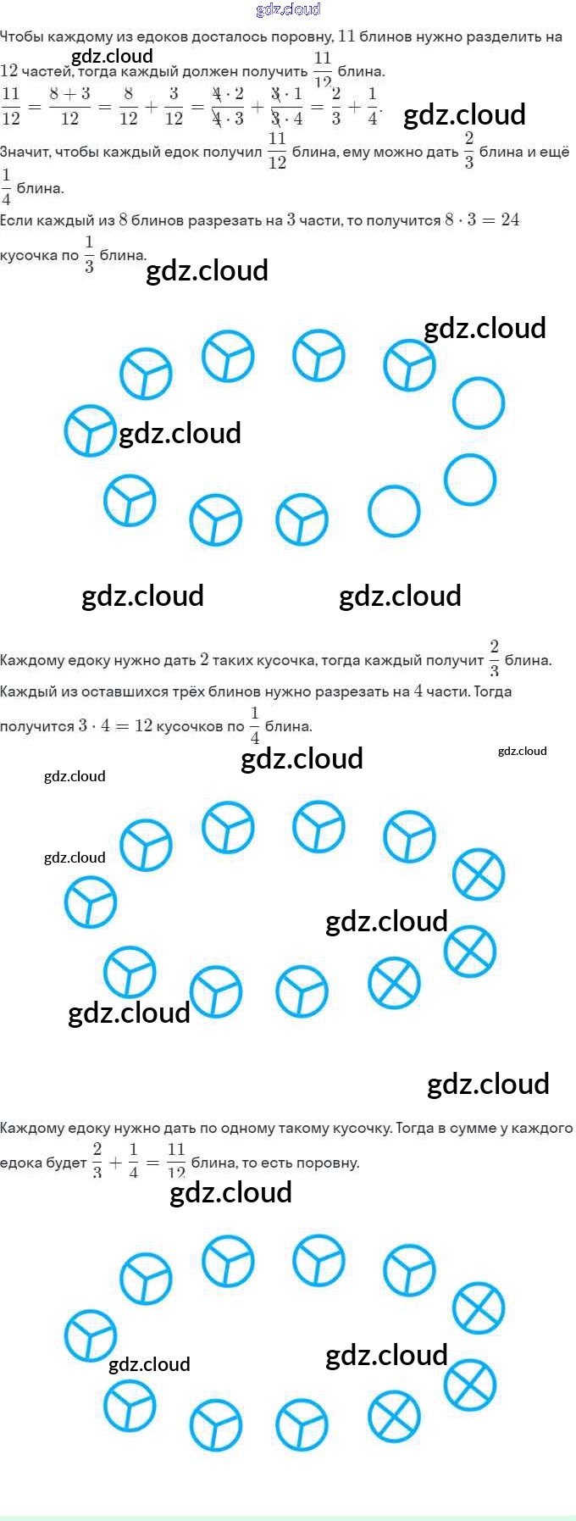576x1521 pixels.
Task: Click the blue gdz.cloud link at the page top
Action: coord(288,9)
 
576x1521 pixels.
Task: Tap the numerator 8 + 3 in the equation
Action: coord(69,94)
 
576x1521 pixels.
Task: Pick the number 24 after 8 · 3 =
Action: coord(510,220)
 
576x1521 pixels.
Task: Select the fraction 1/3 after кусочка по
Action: coord(89,254)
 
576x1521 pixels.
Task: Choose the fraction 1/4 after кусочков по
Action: coord(254,725)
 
